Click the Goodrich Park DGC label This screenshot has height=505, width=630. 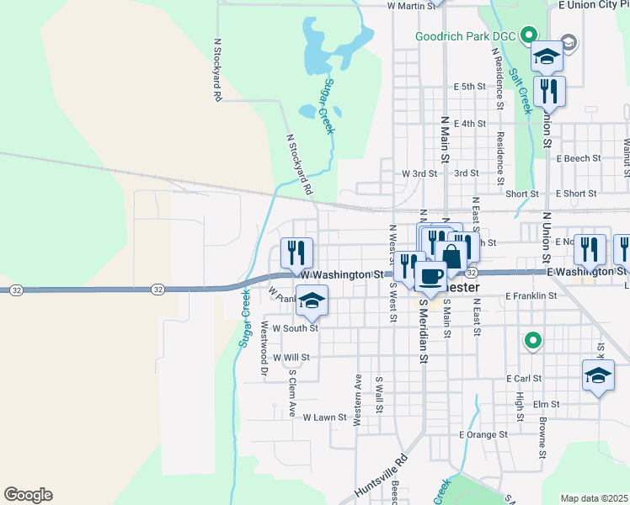[467, 35]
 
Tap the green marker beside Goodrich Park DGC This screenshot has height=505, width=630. [529, 35]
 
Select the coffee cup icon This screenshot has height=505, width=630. [430, 275]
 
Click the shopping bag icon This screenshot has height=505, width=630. [451, 256]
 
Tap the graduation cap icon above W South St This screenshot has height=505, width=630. [312, 301]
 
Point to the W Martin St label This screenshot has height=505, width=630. [412, 6]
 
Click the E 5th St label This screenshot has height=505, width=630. [470, 87]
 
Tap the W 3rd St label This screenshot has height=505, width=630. [419, 173]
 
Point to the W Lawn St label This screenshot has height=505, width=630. [324, 417]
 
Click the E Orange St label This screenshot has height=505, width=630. [483, 435]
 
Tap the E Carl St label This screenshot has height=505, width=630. [523, 379]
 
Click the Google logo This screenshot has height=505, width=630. [28, 495]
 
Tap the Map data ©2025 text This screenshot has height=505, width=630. [595, 498]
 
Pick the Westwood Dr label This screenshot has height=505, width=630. [264, 347]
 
